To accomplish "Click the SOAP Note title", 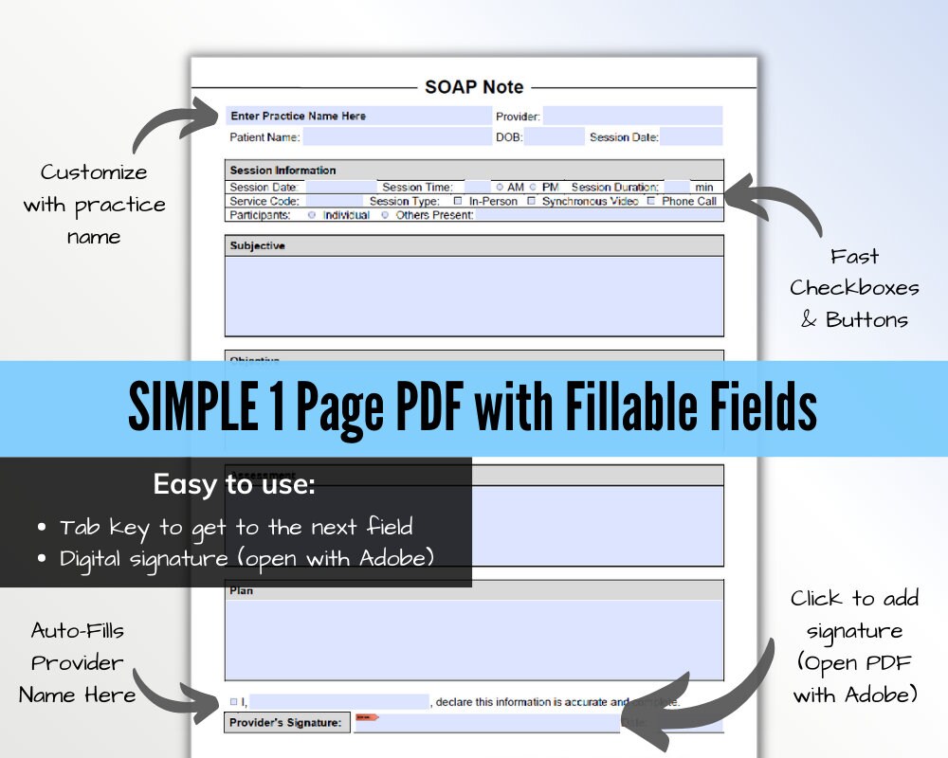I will click(x=473, y=87).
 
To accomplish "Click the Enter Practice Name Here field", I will click(x=358, y=116).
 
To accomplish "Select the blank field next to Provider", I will click(x=632, y=116).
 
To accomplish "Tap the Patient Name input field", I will click(x=396, y=137).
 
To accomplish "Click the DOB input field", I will click(x=554, y=137).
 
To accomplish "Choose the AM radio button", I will click(x=500, y=188).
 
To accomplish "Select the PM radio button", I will click(x=534, y=188).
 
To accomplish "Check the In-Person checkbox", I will click(x=458, y=201).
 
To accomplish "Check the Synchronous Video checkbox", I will click(x=532, y=201).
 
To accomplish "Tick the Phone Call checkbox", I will click(x=651, y=201).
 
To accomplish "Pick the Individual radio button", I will click(x=312, y=215).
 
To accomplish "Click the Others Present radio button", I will click(x=385, y=215).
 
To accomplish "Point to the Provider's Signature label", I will click(x=286, y=723).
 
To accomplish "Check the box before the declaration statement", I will click(x=234, y=702).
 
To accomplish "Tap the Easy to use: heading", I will click(x=234, y=485).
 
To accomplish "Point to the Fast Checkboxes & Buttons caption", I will click(x=854, y=288).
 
